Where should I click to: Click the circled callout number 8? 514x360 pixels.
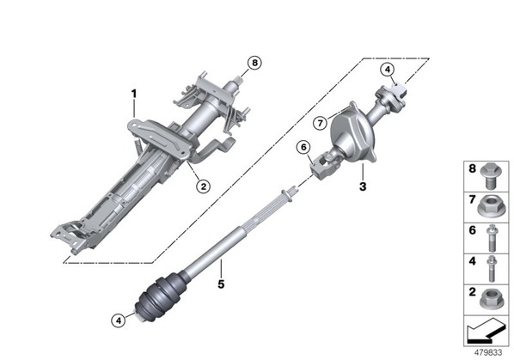click(254, 63)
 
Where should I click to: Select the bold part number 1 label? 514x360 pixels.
click(134, 94)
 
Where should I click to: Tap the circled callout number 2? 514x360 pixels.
click(203, 186)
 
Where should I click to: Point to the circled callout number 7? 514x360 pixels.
click(320, 123)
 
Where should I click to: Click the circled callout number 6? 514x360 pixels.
click(303, 148)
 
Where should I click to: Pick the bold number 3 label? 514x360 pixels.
click(362, 186)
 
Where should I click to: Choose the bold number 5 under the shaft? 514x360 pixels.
click(221, 284)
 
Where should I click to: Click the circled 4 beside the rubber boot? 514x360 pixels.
click(119, 320)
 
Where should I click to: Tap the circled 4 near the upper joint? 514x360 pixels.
click(388, 70)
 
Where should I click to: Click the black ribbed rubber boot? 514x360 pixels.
click(160, 298)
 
